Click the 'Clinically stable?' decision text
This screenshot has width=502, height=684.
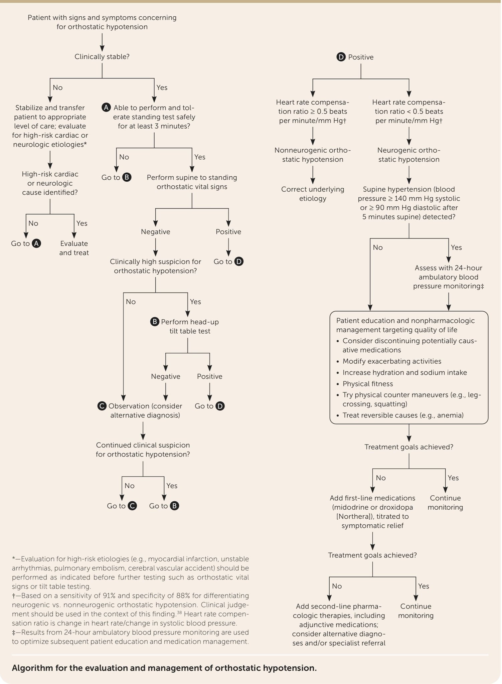102,56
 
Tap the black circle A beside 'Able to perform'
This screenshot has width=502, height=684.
106,108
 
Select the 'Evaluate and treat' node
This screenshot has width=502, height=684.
74,248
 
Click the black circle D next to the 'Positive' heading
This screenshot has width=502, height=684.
341,57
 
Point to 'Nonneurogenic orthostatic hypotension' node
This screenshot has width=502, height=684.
312,155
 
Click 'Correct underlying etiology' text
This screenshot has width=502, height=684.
312,194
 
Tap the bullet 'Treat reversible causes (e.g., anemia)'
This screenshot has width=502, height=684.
403,415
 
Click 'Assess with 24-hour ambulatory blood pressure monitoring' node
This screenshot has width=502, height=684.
448,277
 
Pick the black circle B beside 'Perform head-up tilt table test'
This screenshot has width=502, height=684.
155,322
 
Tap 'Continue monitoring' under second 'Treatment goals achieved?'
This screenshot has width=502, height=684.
415,611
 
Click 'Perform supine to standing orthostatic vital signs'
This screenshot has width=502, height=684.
192,182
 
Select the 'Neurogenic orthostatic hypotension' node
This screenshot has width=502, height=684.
409,155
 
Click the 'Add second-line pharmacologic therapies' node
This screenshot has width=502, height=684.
339,625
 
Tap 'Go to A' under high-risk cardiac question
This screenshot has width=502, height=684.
26,243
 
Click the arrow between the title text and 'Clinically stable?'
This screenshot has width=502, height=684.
102,41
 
